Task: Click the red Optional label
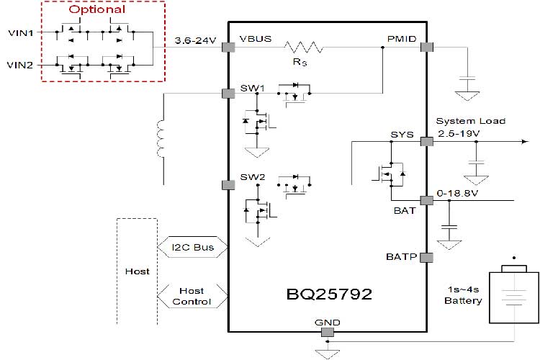[96, 10]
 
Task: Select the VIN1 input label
[19, 33]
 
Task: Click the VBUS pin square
[229, 48]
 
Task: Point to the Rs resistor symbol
[303, 48]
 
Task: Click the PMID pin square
[426, 48]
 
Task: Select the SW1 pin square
[229, 93]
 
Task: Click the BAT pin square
[426, 200]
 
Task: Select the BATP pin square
[426, 257]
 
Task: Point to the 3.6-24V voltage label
[196, 41]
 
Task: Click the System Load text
[470, 121]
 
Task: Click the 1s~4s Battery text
[462, 295]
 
